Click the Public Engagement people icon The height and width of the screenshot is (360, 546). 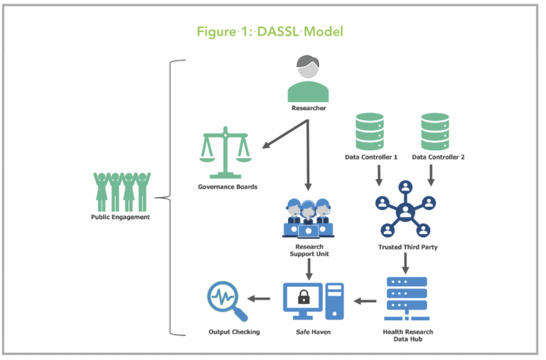click(x=119, y=190)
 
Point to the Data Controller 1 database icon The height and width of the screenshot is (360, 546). click(x=370, y=131)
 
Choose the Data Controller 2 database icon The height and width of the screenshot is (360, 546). click(x=434, y=131)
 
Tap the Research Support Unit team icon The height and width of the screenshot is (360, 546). click(x=307, y=217)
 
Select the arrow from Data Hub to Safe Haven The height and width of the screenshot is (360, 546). click(x=365, y=300)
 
